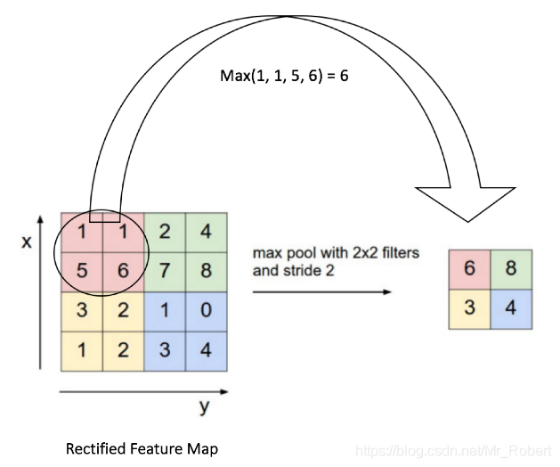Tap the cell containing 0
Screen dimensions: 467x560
pyautogui.click(x=207, y=311)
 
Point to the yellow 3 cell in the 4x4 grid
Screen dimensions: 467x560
pyautogui.click(x=81, y=311)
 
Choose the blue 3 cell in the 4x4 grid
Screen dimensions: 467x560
pyautogui.click(x=165, y=350)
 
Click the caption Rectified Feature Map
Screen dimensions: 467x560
pyautogui.click(x=142, y=449)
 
